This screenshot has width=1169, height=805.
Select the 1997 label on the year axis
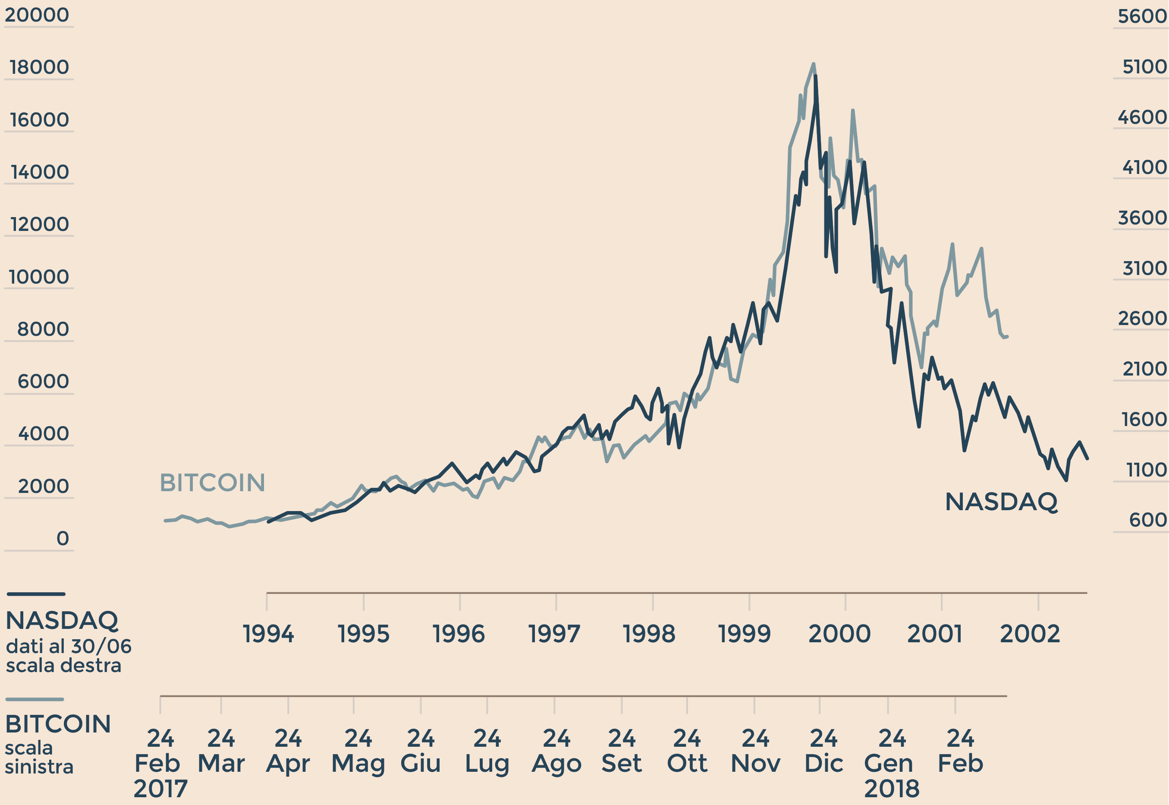pyautogui.click(x=554, y=634)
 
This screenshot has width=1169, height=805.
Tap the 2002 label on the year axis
pyautogui.click(x=1030, y=634)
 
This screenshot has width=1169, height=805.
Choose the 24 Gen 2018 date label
pyautogui.click(x=891, y=763)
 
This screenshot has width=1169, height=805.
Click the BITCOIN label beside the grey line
pyautogui.click(x=212, y=483)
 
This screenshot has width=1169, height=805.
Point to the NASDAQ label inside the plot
pyautogui.click(x=1001, y=502)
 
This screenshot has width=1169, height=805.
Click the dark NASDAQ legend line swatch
pyautogui.click(x=36, y=594)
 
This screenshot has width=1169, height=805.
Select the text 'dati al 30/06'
pyautogui.click(x=69, y=647)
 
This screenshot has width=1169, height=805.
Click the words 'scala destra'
pyautogui.click(x=63, y=666)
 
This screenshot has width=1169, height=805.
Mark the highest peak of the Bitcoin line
pyautogui.click(x=814, y=64)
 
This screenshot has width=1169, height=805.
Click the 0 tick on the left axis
pyautogui.click(x=63, y=539)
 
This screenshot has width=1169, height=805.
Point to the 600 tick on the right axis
pyautogui.click(x=1148, y=520)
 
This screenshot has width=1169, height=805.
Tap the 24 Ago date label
pyautogui.click(x=556, y=751)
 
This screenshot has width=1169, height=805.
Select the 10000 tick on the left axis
pyautogui.click(x=39, y=277)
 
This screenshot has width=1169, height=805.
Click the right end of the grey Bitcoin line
pyautogui.click(x=1007, y=336)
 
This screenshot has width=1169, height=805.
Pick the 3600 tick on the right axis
pyautogui.click(x=1142, y=218)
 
